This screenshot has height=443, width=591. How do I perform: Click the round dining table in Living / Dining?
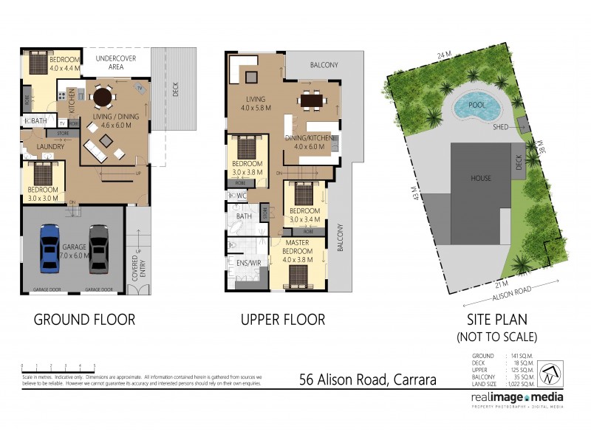click(x=103, y=97)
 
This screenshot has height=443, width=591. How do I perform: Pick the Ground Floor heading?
click(x=85, y=320)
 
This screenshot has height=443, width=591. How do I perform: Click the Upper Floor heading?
click(x=282, y=320)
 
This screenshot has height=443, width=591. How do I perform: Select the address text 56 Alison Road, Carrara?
click(x=367, y=380)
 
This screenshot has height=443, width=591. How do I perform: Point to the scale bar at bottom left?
click(x=58, y=368)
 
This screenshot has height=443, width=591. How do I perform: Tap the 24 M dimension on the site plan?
click(x=443, y=55)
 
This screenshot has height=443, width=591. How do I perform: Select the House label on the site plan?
click(x=482, y=178)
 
